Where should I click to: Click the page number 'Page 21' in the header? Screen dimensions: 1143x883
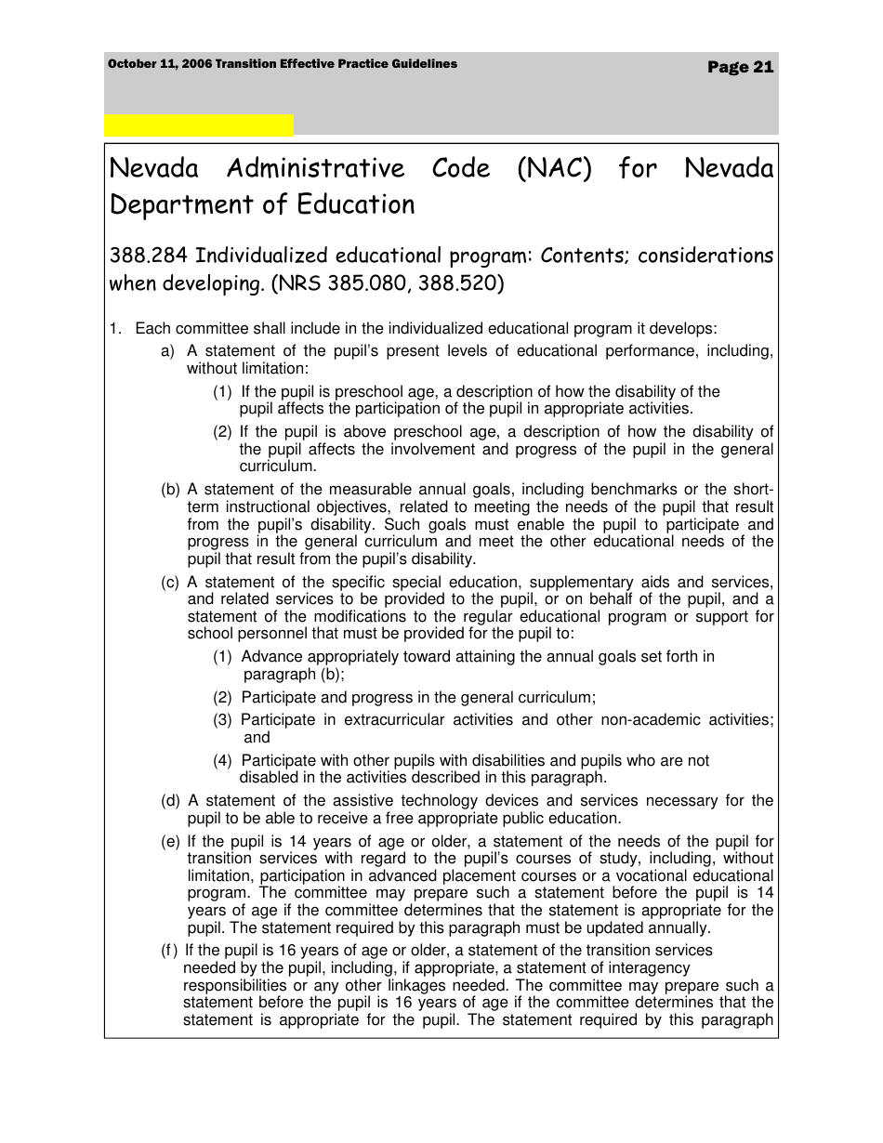tap(740, 67)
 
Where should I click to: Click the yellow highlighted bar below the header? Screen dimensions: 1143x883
tap(198, 125)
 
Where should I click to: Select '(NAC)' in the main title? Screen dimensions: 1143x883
tap(554, 169)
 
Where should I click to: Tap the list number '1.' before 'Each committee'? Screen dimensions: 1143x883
tap(116, 329)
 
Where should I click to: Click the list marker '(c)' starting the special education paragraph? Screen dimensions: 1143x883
tap(170, 583)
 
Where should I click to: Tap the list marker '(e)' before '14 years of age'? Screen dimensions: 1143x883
tap(170, 842)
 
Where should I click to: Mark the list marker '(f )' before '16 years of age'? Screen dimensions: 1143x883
tap(169, 951)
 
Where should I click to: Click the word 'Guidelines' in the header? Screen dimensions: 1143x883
tap(423, 64)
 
